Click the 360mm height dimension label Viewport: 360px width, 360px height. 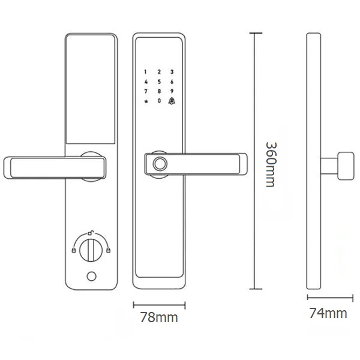[271, 164]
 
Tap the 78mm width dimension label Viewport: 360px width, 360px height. [159, 317]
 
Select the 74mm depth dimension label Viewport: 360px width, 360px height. [328, 313]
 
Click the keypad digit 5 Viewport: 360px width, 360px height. [159, 82]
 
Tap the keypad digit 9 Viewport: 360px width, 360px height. [172, 91]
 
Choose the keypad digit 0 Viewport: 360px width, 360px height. [159, 101]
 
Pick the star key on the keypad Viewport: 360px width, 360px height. [146, 101]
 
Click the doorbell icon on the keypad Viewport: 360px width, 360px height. [172, 101]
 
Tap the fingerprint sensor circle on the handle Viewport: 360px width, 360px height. [160, 163]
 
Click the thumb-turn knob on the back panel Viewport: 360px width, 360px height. [91, 250]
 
